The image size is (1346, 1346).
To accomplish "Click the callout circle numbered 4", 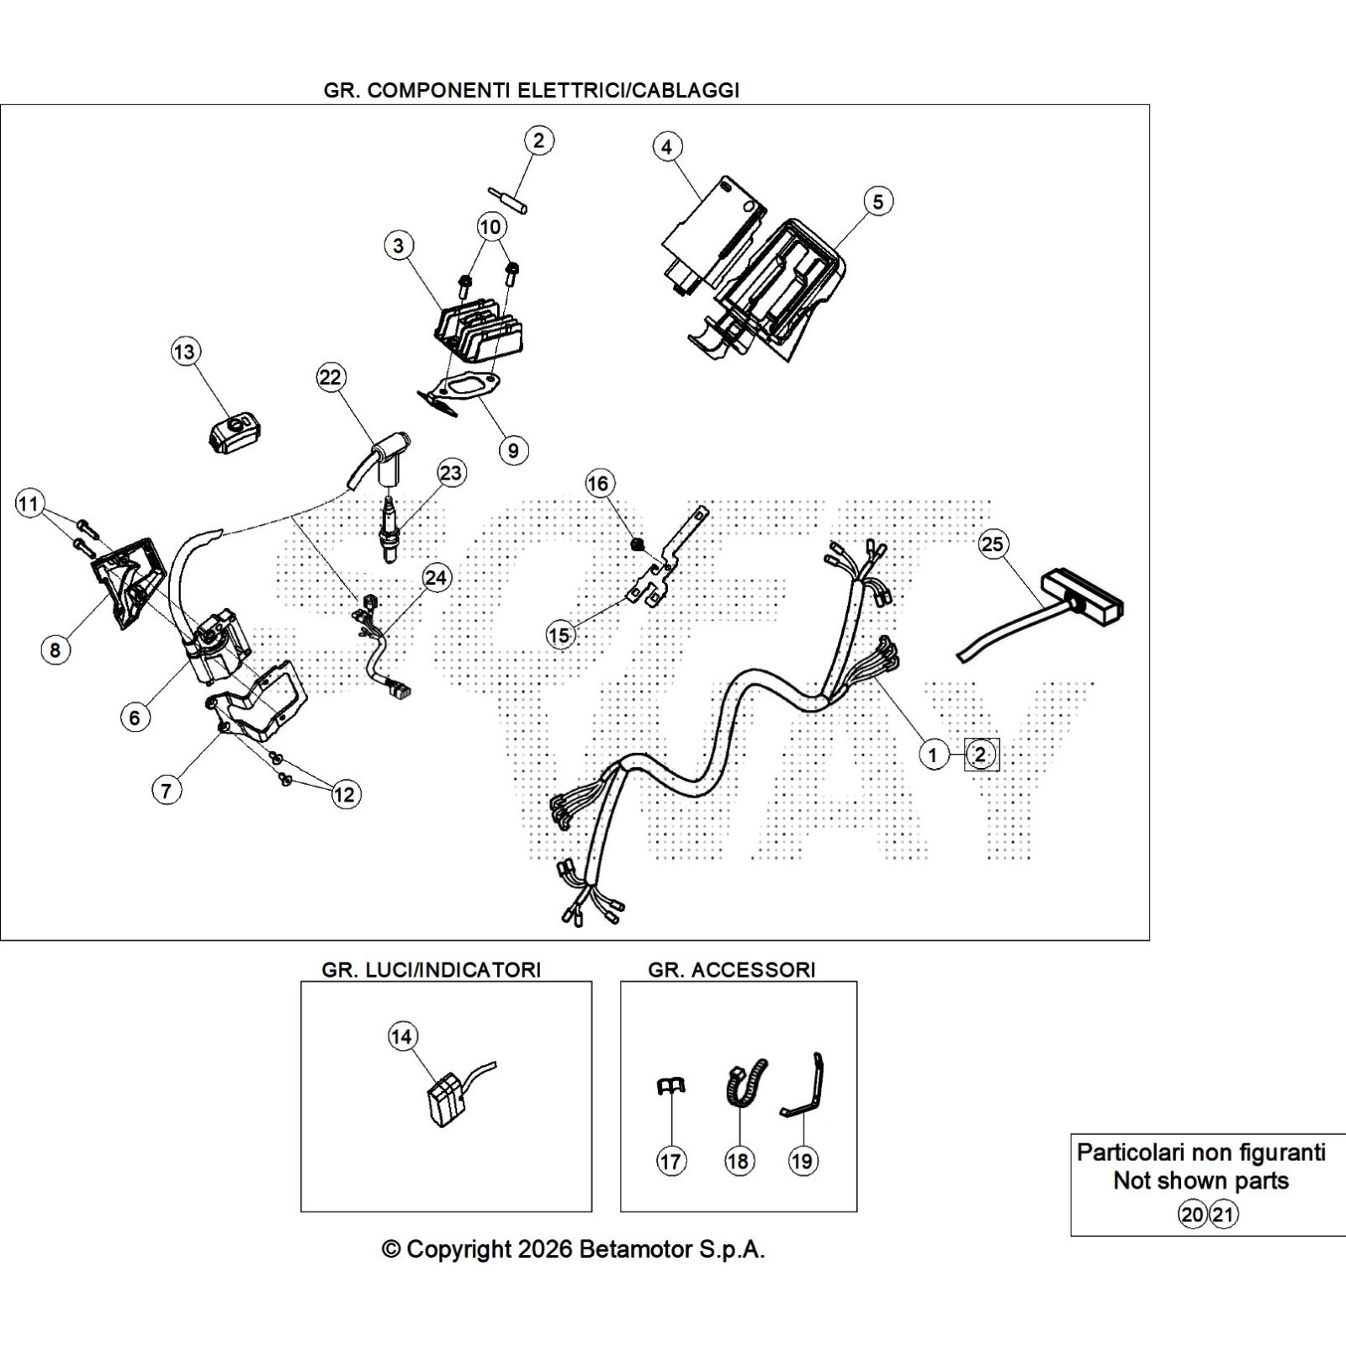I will [x=666, y=147].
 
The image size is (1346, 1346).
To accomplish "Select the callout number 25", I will [x=993, y=544].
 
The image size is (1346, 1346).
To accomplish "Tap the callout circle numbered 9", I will [x=513, y=450].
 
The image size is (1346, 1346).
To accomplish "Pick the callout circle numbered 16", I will [x=598, y=484].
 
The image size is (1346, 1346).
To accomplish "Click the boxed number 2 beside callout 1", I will [x=981, y=755].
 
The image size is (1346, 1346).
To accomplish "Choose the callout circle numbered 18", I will [x=738, y=1162].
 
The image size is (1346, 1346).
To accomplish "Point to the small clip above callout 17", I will [x=670, y=1088].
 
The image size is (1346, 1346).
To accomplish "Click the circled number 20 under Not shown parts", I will [x=1192, y=1215].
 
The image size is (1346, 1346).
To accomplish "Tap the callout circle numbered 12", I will [x=345, y=794].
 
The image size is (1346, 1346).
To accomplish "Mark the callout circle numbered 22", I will [x=331, y=377].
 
